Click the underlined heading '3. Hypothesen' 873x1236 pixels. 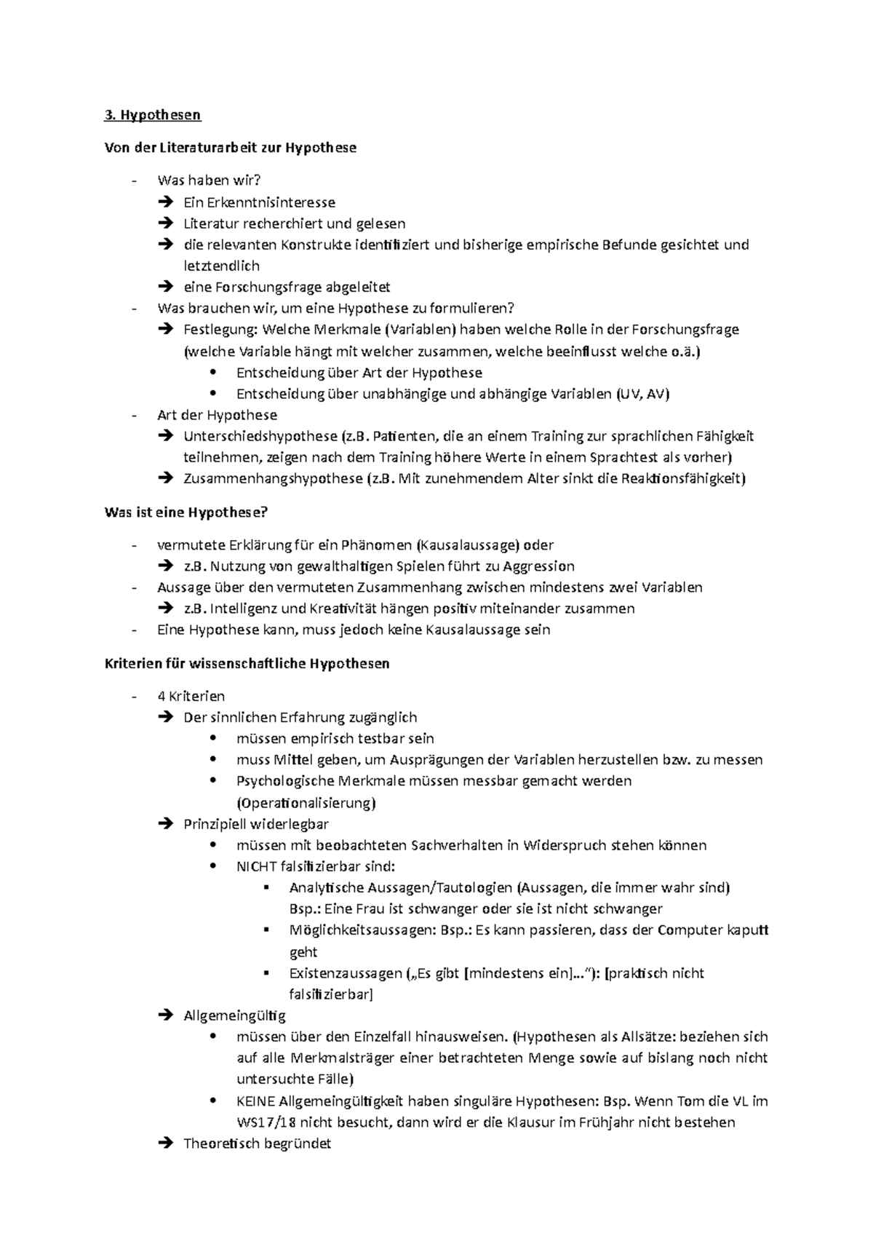(153, 115)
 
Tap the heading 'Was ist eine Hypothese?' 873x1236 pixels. (186, 512)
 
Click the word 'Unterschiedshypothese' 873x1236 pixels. (260, 437)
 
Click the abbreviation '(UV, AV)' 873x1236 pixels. (642, 395)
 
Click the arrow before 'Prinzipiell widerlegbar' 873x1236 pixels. (165, 824)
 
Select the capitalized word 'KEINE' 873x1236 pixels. (256, 1101)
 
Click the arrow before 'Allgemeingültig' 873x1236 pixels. (165, 1015)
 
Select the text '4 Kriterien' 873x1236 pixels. (191, 697)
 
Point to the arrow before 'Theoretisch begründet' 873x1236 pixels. (165, 1144)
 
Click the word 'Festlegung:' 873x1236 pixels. (220, 330)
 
